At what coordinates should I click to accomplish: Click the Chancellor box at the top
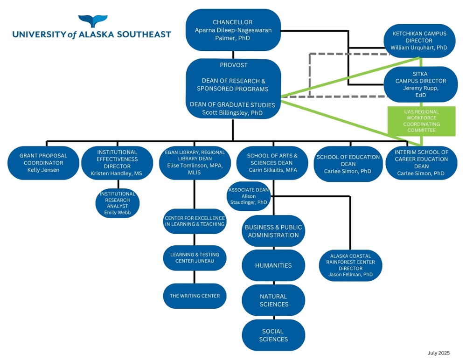(233, 30)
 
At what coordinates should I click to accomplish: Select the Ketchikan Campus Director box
(419, 41)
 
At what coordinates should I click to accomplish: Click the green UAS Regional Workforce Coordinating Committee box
(422, 121)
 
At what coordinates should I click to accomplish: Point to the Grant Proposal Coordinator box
(43, 163)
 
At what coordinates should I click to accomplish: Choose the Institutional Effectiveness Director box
(117, 163)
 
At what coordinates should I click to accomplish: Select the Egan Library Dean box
(195, 163)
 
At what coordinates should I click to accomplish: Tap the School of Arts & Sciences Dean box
(272, 163)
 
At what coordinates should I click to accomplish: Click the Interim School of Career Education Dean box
(421, 163)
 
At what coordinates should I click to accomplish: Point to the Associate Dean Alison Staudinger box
(249, 196)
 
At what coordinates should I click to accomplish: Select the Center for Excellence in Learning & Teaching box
(195, 221)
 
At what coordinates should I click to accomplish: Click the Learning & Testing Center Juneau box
(195, 257)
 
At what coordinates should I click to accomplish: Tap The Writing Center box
(195, 296)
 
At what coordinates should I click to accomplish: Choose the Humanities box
(273, 265)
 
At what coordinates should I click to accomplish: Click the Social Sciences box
(273, 335)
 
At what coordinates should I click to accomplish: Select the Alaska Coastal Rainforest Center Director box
(350, 265)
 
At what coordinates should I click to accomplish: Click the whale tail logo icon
(92, 21)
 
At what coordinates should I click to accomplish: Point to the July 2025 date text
(438, 353)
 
